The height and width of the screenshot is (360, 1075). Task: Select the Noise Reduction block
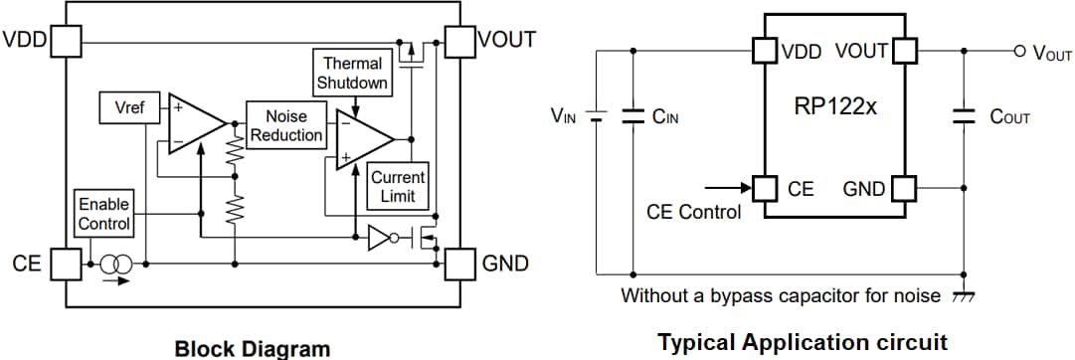[x=285, y=125]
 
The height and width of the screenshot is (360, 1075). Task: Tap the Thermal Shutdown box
[x=352, y=74]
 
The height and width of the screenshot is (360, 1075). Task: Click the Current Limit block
[x=398, y=186]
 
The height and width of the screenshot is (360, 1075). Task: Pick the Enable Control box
[x=104, y=214]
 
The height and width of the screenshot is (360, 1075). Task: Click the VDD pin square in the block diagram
[x=65, y=42]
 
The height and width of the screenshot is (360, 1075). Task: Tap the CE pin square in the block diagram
[x=65, y=265]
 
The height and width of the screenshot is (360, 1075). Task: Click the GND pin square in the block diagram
[x=459, y=265]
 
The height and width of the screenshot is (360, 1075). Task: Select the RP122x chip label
[x=835, y=106]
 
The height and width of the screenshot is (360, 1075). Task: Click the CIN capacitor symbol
[x=632, y=115]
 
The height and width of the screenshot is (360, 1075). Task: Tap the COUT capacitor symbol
[x=963, y=115]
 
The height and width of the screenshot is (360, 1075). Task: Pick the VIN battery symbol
[x=597, y=115]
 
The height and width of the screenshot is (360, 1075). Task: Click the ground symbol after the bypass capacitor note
[x=962, y=296]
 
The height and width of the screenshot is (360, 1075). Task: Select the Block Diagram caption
[x=252, y=348]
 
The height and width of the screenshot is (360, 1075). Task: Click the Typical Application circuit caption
[x=803, y=343]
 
